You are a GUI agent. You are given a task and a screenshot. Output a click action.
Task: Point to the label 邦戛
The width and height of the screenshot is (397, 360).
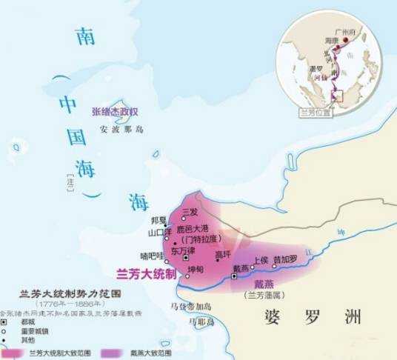157,221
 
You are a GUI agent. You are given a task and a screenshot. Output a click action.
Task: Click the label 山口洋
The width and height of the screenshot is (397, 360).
161,232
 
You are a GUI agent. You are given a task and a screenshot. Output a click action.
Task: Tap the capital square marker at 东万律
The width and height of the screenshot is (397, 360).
186,258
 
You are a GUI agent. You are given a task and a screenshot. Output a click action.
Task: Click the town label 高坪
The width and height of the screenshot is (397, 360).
222,255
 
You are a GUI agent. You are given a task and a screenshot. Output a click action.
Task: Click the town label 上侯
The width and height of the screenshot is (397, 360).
261,261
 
